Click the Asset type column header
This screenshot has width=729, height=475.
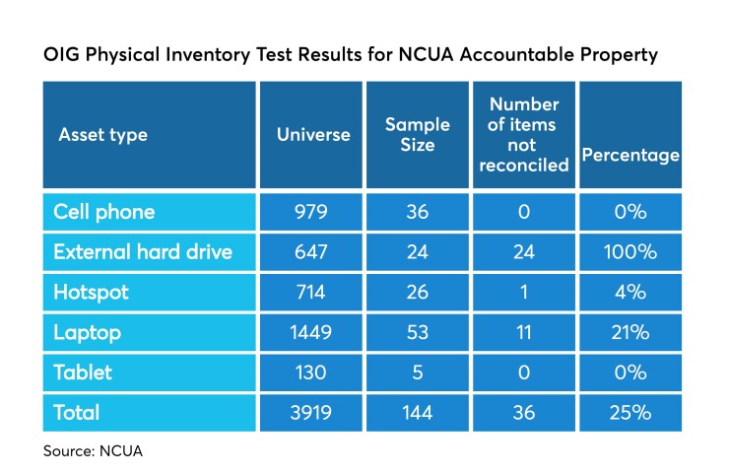click(102, 134)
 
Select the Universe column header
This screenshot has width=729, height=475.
click(313, 134)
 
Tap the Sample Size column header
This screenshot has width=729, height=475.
click(417, 134)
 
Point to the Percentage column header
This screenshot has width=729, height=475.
click(630, 155)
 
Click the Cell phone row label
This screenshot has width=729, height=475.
click(103, 212)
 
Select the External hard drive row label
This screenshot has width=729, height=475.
click(143, 252)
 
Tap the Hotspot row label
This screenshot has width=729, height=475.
click(91, 293)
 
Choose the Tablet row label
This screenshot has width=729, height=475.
click(83, 373)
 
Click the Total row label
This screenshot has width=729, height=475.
click(78, 414)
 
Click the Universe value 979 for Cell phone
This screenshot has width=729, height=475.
click(312, 212)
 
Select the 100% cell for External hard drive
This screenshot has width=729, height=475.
click(630, 252)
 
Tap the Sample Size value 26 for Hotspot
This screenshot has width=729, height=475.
click(417, 293)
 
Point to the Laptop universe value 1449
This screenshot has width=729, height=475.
click(312, 333)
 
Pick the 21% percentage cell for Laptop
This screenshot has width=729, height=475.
click(630, 333)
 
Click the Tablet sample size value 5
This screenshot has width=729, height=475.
click(417, 373)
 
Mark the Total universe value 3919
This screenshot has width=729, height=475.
click(312, 414)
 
